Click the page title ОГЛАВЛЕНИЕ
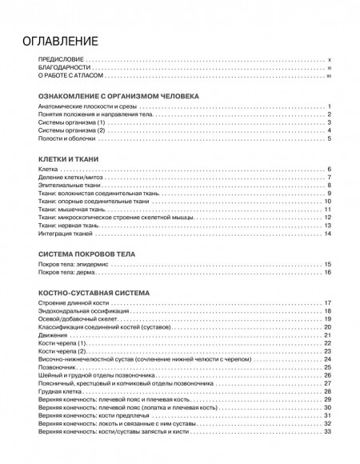click(x=61, y=41)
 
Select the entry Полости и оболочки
click(x=62, y=139)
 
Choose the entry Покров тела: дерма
click(x=65, y=273)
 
